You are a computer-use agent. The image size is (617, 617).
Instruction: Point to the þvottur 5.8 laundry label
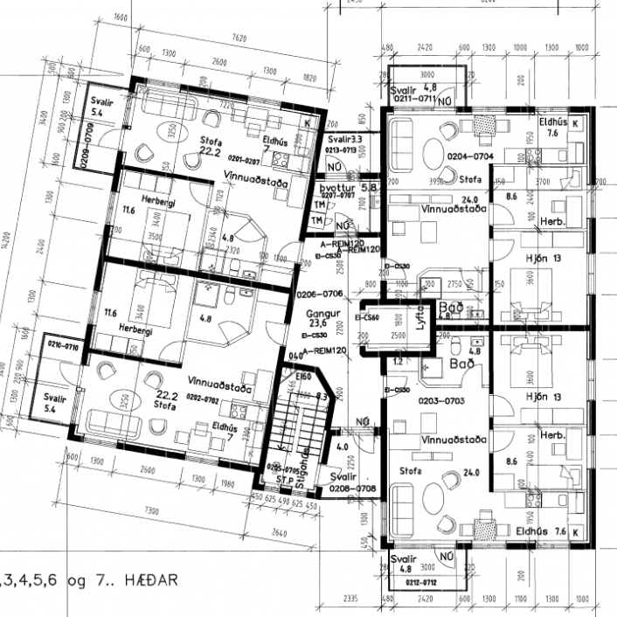coord(335,188)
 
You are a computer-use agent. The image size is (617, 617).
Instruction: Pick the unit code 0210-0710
coord(59,348)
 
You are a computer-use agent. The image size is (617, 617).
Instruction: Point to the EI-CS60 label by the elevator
coord(367,318)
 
